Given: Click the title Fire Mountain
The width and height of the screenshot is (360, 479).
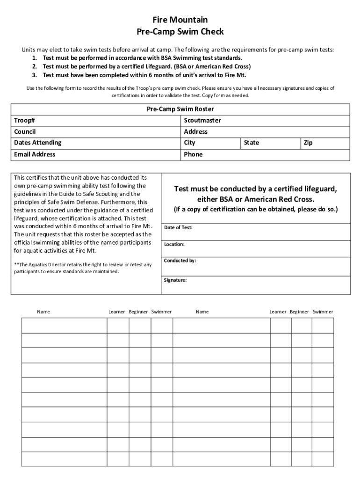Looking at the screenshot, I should (180, 20).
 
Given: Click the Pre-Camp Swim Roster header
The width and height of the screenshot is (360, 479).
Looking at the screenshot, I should (180, 109).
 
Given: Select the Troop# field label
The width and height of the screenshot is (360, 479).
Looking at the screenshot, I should (24, 120).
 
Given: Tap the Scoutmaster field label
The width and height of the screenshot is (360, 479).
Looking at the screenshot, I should (202, 120).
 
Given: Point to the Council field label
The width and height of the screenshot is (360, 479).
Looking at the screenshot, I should (25, 131).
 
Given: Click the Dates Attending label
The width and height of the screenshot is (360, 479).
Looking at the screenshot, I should (37, 143).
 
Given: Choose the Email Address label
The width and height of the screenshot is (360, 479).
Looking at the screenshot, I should (35, 154).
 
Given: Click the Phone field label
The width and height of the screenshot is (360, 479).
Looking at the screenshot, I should (193, 154).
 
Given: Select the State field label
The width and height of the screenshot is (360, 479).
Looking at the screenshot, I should (251, 143).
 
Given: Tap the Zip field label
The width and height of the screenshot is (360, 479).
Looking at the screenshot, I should (308, 143).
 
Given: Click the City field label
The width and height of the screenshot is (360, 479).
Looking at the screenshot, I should (189, 143).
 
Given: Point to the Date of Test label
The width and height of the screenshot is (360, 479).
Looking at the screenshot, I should (178, 228).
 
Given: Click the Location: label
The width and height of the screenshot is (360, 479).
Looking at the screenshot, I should (174, 244).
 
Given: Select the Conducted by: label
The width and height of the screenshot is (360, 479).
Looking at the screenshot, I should (180, 261).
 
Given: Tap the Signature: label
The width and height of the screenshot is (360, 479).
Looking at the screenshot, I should (175, 280).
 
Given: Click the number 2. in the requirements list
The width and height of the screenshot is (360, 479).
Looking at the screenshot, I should (35, 66).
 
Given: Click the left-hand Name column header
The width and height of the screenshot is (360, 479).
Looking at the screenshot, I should (43, 312).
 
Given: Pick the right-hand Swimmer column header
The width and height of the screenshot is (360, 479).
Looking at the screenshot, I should (323, 312).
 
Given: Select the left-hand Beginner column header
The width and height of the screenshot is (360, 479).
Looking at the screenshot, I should (138, 312).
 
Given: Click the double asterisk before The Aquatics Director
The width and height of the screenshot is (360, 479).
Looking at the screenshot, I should (16, 264).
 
